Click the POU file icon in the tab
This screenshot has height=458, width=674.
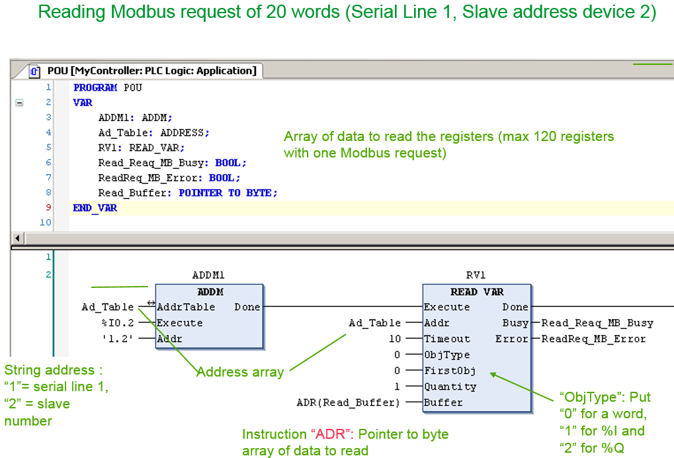coord(34,71)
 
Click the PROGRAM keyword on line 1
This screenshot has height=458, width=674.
coord(95,88)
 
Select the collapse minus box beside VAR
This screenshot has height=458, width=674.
coord(19,103)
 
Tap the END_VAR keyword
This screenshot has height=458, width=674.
coord(95,208)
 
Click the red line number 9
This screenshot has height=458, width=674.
coord(48,207)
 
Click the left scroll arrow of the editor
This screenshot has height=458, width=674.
coord(17,238)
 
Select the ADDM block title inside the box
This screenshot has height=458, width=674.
coord(210,292)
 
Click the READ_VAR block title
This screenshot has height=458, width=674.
coord(477,292)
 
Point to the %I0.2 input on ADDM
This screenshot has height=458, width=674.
coord(118,323)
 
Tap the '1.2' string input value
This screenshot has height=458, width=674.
coord(117,339)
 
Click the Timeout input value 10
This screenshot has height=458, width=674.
coord(395,339)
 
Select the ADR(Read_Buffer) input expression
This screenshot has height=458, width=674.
coord(348,402)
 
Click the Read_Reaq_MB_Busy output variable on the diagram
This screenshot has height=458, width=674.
coord(597,323)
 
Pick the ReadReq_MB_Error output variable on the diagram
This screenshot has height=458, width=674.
coord(593,339)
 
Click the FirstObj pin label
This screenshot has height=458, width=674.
coord(450,371)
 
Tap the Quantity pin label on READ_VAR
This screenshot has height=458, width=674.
coord(450,387)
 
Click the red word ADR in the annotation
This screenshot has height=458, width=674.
coord(330,434)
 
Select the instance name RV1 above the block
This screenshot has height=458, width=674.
coord(476,275)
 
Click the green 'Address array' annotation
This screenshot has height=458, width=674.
coord(240,372)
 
